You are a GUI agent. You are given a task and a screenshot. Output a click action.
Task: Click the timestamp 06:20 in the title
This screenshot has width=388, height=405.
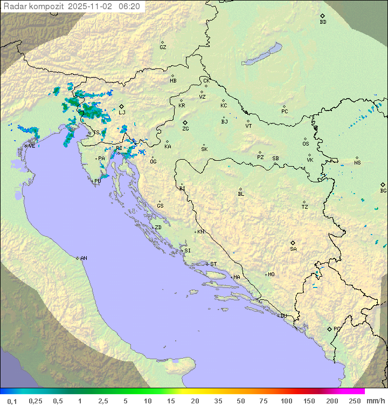click(129, 6)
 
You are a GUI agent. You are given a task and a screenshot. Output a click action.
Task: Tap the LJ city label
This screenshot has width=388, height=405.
click(122, 113)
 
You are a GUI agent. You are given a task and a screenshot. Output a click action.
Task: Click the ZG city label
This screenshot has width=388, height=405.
click(185, 129)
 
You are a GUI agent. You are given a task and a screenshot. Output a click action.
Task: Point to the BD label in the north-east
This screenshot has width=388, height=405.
click(323, 22)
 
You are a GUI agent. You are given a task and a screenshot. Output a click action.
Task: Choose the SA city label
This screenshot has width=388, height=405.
click(293, 249)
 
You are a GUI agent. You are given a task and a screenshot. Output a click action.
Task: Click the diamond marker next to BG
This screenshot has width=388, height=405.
click(383, 184)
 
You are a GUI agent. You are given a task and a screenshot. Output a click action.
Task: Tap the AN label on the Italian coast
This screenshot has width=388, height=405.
click(84, 258)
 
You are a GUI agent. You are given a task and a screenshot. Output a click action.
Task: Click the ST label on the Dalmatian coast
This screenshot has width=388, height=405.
click(213, 264)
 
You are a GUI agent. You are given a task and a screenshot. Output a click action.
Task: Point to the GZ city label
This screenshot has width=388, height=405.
click(163, 47)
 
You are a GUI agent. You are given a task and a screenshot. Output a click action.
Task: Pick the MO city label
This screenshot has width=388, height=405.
click(271, 274)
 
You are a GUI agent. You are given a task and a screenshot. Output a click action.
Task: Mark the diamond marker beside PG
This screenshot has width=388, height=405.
click(329, 328)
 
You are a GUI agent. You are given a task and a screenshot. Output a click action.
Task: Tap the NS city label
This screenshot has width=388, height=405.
click(357, 163)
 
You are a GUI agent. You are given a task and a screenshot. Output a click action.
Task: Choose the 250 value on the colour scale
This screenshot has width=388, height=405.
click(354, 401)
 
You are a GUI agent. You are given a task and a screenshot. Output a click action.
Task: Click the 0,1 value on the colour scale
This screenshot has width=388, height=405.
click(12, 401)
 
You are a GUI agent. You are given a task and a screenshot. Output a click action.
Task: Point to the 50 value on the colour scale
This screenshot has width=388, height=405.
click(240, 401)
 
